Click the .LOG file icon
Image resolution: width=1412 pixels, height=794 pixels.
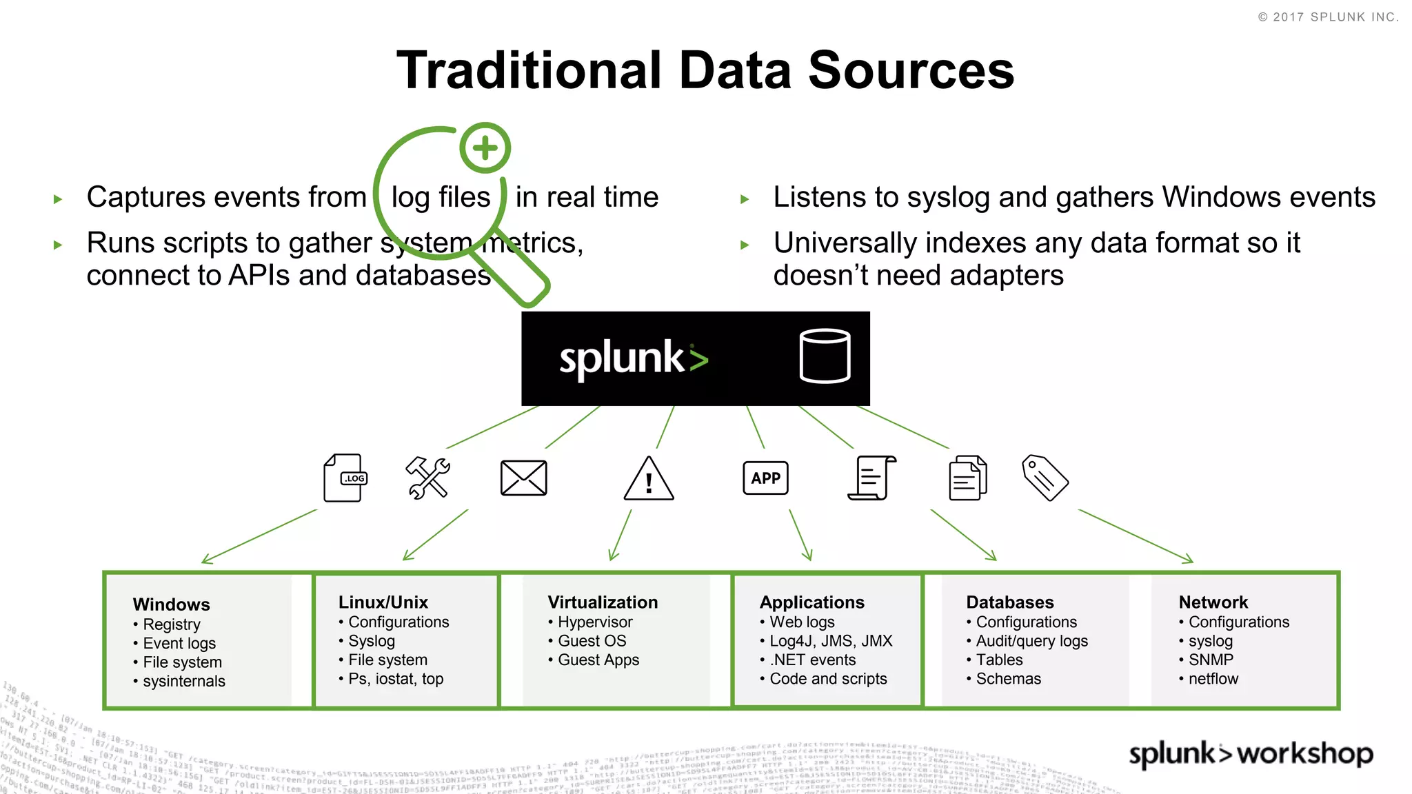point(345,478)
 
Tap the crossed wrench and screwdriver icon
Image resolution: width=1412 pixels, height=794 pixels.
point(427,478)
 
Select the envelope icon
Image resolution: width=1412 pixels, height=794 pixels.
point(523,478)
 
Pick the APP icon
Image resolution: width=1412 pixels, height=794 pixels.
point(765,478)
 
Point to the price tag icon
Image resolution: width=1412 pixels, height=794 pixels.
point(1045,478)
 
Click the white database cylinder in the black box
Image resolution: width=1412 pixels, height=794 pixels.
point(825,356)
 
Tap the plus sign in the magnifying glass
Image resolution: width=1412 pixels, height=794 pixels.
point(485,147)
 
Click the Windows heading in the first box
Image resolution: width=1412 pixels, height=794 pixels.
point(171,604)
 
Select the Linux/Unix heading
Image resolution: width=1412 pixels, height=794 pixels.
point(383,602)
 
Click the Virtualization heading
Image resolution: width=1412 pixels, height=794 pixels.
point(603,602)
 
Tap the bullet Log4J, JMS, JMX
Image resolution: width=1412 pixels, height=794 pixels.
point(830,641)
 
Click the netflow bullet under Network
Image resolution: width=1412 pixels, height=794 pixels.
point(1213,679)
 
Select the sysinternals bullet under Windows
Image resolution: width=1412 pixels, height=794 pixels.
point(183,681)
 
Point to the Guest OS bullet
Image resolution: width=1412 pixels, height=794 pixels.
point(592,641)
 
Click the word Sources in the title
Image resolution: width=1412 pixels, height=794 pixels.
point(911,70)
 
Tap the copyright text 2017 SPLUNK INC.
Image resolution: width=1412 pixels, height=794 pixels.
point(1334,17)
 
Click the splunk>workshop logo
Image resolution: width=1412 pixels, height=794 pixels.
point(1250,753)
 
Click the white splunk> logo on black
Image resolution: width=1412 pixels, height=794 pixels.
point(633,358)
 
